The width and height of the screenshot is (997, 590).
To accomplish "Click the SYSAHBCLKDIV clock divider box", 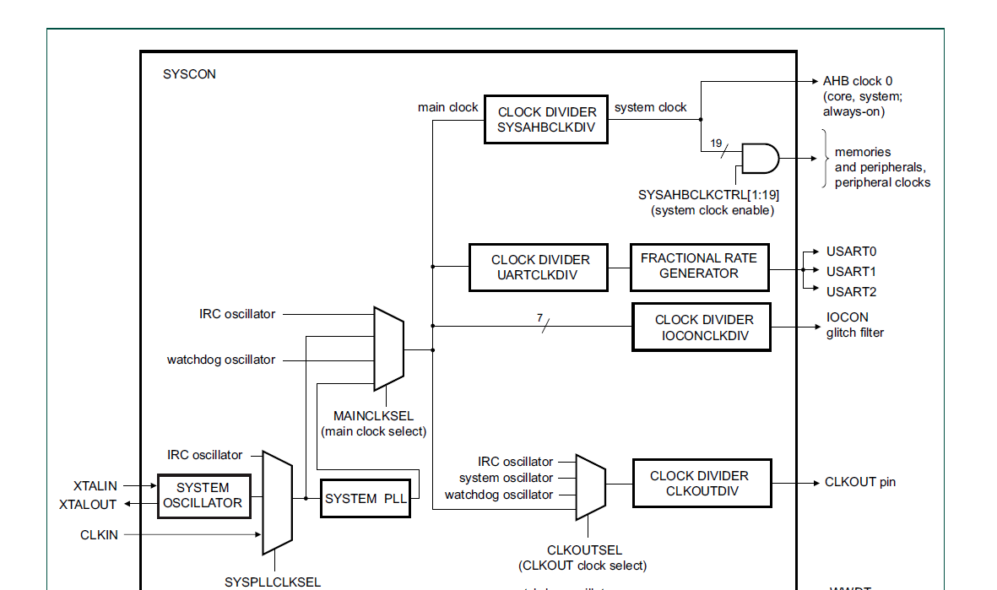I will pos(546,119).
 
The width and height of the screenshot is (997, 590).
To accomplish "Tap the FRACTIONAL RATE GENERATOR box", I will pos(699,267).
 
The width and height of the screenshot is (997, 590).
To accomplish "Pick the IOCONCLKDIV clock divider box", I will pos(702,327).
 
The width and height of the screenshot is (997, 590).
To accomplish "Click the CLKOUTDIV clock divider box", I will pos(702,484).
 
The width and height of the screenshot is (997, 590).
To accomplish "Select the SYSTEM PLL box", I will pos(365,498).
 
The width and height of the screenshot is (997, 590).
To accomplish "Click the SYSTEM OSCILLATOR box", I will pos(203,495).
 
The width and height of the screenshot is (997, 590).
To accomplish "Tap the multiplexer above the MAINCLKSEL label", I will pos(388,349).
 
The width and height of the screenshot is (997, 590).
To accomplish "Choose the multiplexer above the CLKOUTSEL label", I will pos(590,487).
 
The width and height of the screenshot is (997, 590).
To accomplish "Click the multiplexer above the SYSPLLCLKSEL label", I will pos(277,502).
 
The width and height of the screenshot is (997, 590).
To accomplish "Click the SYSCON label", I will pos(189,74).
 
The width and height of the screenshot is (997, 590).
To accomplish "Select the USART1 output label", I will pos(851,272).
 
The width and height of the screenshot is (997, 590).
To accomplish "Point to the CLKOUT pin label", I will pos(860,483).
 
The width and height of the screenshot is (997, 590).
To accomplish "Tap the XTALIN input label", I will pos(95,486).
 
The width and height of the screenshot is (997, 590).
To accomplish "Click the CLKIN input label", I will pos(99,535).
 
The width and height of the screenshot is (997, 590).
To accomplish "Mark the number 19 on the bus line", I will pos(716,143).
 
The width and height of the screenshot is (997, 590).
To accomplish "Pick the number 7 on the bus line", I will pos(539,318).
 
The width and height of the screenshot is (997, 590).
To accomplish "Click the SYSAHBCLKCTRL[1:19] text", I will pos(708,195).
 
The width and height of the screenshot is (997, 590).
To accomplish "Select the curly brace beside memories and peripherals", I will pos(824,158).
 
